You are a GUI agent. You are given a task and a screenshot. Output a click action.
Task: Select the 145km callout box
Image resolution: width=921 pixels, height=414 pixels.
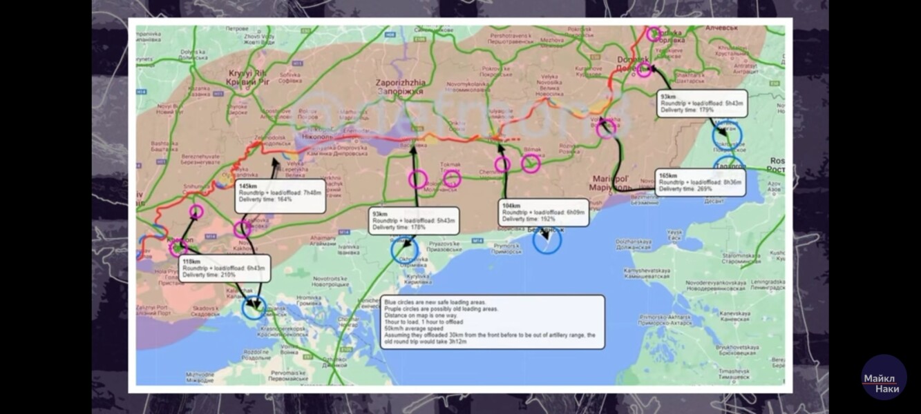(x=281, y=195)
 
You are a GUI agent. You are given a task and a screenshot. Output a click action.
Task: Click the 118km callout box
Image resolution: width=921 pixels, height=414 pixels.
(x=225, y=268)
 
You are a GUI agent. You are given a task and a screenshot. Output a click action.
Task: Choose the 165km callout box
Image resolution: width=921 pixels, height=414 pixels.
(x=700, y=182)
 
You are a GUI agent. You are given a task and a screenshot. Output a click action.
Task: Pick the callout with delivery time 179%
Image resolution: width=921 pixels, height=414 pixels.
(x=701, y=103)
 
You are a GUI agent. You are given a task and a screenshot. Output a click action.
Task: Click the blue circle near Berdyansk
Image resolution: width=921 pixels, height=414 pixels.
(x=547, y=239)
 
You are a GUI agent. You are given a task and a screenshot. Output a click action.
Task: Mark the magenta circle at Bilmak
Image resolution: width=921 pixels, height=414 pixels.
(x=531, y=163)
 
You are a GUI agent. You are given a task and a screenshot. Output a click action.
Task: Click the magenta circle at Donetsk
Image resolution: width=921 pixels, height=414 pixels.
(x=644, y=70)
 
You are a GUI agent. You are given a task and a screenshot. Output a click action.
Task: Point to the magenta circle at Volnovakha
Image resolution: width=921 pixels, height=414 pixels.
(x=606, y=128)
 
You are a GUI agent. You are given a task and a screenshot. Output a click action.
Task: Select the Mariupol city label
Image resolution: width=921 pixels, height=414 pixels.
(x=611, y=183)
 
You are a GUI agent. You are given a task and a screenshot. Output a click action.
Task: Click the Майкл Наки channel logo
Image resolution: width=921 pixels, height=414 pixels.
(x=884, y=377)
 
